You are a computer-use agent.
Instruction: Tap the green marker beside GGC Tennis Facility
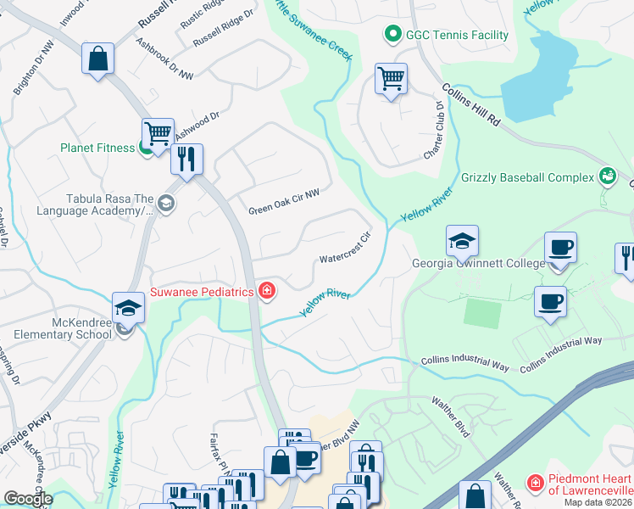[x=392, y=35]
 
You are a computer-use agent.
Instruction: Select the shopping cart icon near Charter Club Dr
[x=391, y=80]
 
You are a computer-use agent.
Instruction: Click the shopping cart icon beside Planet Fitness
[x=158, y=133]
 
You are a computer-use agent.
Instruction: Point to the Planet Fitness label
[x=97, y=148]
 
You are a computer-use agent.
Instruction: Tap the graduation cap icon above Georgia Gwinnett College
[x=462, y=242]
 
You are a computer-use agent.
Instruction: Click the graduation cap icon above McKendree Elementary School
[x=128, y=307]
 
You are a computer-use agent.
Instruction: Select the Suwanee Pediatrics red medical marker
[x=267, y=292]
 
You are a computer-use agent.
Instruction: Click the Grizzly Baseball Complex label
[x=527, y=178]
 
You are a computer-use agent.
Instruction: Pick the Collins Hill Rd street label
[x=472, y=106]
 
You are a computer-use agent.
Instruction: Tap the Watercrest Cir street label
[x=345, y=247]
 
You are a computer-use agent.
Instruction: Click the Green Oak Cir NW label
[x=284, y=201]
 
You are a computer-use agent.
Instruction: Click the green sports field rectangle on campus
[x=481, y=314]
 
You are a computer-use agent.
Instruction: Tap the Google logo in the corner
[x=28, y=499]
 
